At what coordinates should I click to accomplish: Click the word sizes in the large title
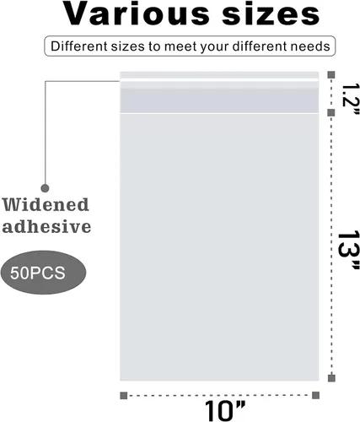(x=271, y=14)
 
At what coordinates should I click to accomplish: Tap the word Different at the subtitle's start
(x=79, y=46)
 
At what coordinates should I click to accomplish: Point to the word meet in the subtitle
(x=180, y=46)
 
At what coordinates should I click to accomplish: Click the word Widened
(x=46, y=204)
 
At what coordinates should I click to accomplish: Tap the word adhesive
(x=46, y=226)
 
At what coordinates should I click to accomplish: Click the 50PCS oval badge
(x=43, y=273)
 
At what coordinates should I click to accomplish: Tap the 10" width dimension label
(x=225, y=411)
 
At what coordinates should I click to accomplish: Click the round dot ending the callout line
(x=45, y=188)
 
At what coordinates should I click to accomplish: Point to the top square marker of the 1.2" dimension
(x=331, y=75)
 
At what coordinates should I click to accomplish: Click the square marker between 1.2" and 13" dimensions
(x=331, y=113)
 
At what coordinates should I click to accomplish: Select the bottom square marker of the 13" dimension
(x=331, y=378)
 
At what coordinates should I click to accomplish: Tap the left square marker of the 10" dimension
(x=124, y=396)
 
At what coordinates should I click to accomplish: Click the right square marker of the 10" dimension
(x=315, y=395)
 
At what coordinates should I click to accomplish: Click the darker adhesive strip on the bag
(x=219, y=100)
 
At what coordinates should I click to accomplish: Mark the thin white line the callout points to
(x=219, y=80)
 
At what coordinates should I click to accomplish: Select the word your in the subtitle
(x=214, y=47)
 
